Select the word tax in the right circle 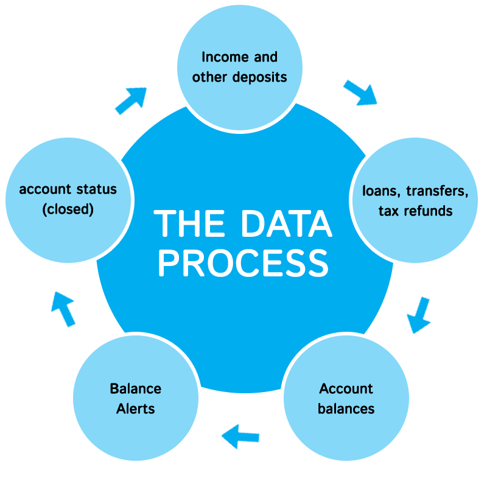tap(387, 211)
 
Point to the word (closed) tap(68, 209)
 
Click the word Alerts tap(136, 409)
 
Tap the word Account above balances tap(346, 388)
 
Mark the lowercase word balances tap(346, 408)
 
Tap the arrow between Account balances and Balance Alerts tap(241, 436)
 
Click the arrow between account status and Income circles tap(131, 90)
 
